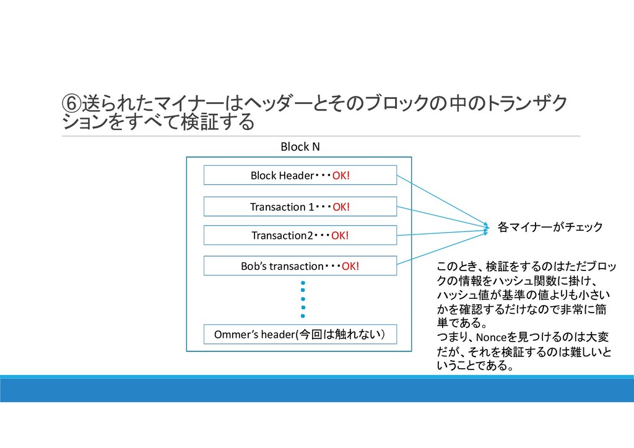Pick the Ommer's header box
[300, 335]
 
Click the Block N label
[300, 147]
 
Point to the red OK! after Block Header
[341, 176]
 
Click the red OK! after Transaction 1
[341, 207]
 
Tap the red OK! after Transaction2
[340, 236]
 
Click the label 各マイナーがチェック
[550, 228]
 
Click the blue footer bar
[317, 390]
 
